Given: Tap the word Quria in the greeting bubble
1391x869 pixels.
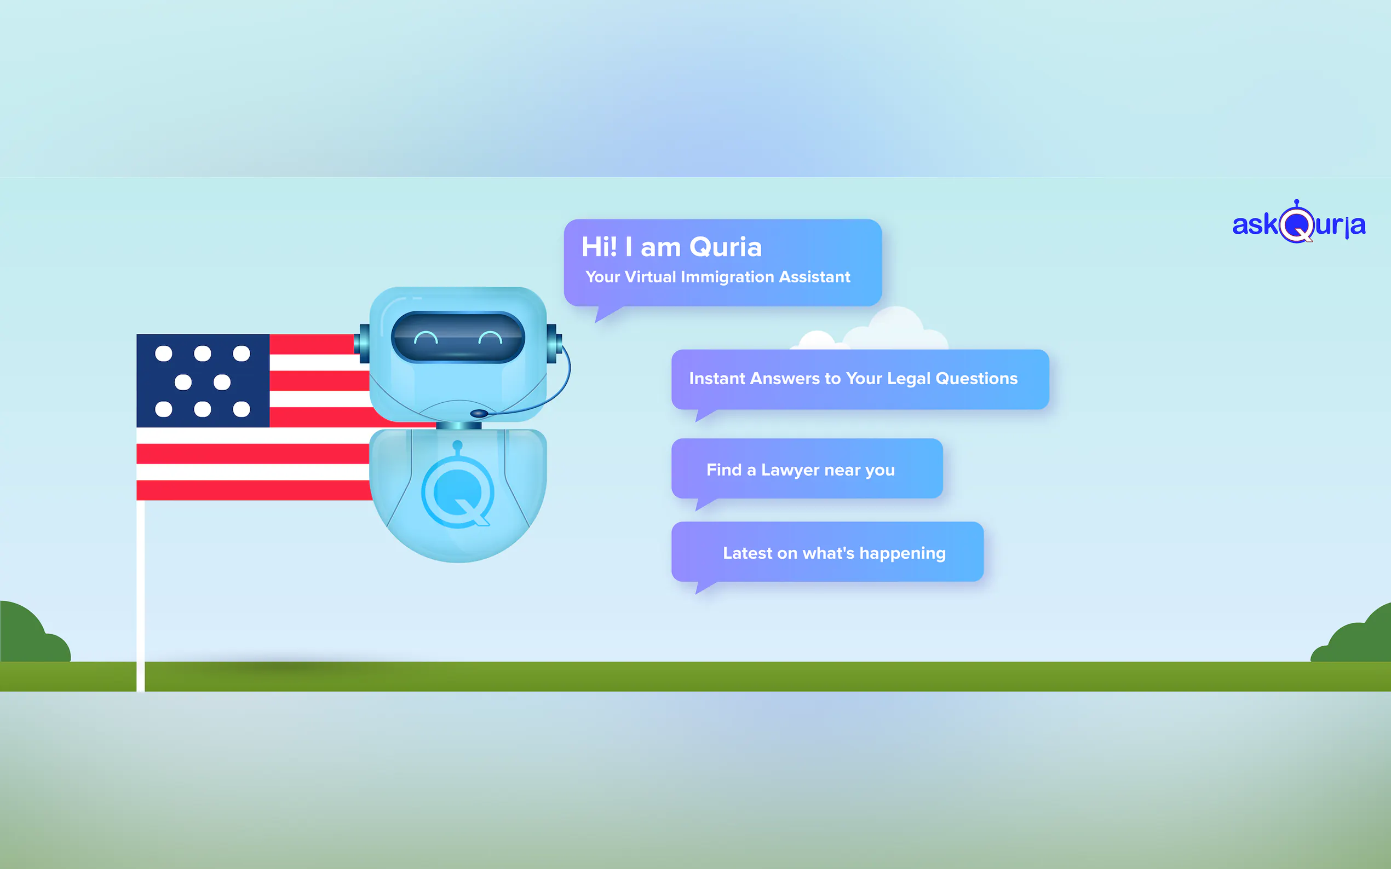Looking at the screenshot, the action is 726,247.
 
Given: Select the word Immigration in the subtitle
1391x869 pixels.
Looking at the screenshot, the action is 728,277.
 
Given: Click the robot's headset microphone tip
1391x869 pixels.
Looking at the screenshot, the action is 479,413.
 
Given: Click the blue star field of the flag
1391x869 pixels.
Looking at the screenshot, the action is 203,380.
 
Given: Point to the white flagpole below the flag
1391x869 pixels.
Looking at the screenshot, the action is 140,595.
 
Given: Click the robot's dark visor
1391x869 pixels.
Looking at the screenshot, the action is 458,338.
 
